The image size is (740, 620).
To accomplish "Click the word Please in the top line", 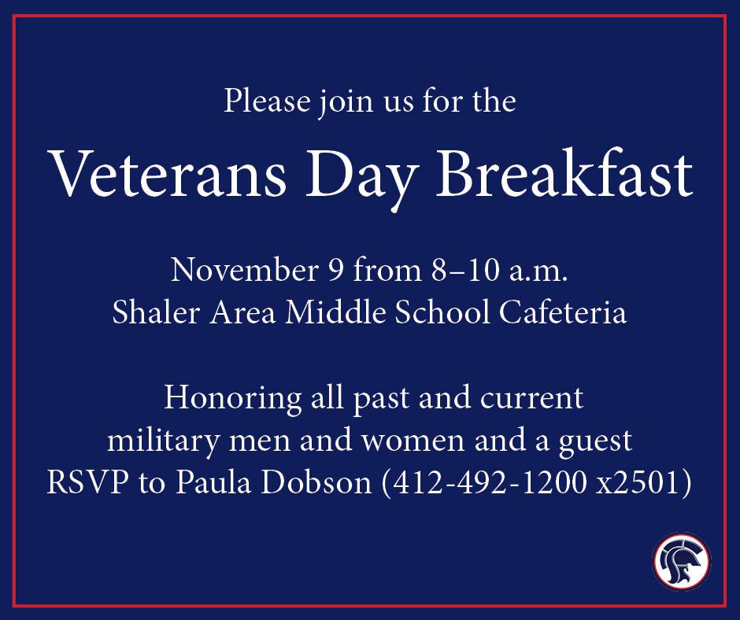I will [259, 103].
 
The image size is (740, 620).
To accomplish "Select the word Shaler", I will [151, 313].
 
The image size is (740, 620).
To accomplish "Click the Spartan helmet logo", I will [681, 562].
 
